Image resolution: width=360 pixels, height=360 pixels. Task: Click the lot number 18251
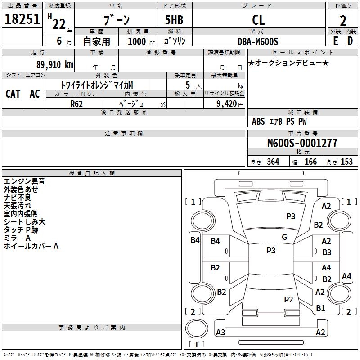click(x=22, y=19)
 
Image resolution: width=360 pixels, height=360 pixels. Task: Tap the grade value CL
click(x=258, y=20)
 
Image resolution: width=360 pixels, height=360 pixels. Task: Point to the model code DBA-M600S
click(x=258, y=41)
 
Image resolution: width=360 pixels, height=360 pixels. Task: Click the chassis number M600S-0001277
click(x=302, y=143)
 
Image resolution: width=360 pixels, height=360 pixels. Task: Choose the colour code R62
click(x=77, y=103)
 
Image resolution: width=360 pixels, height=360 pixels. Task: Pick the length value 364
click(x=273, y=162)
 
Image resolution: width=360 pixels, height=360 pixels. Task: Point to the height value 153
click(x=346, y=162)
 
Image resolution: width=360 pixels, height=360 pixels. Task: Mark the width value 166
click(x=310, y=162)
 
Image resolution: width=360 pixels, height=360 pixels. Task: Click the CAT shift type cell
click(x=13, y=94)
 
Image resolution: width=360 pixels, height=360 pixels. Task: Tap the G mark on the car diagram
click(x=284, y=237)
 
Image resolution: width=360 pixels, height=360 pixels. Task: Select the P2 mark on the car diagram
click(x=288, y=299)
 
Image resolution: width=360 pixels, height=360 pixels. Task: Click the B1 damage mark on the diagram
click(x=320, y=308)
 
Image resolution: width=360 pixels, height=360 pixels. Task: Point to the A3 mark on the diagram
click(x=220, y=333)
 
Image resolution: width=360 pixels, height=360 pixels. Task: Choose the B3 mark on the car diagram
click(x=327, y=252)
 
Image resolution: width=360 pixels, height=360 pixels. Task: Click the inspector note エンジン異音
click(x=24, y=181)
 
